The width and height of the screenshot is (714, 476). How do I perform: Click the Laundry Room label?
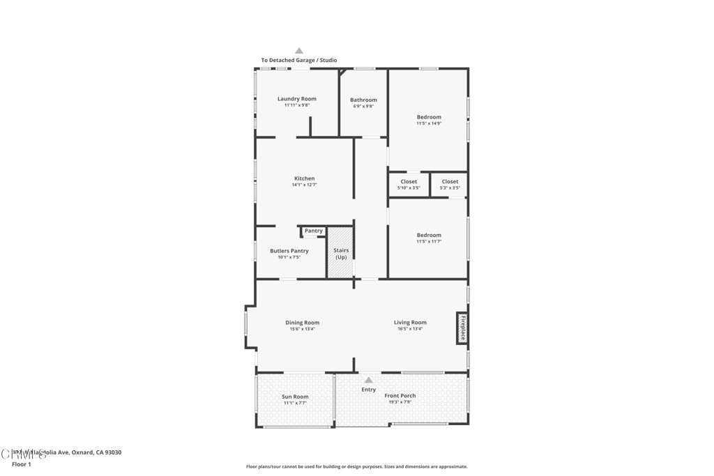pyautogui.click(x=296, y=99)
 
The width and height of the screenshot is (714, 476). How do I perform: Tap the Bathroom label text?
pyautogui.click(x=363, y=100)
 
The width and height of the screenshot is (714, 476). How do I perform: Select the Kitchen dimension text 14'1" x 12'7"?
pyautogui.click(x=304, y=185)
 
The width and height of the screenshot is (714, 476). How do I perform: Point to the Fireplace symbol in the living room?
pyautogui.click(x=462, y=328)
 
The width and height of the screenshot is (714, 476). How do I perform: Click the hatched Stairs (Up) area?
pyautogui.click(x=341, y=253)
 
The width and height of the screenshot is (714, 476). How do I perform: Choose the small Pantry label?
pyautogui.click(x=314, y=231)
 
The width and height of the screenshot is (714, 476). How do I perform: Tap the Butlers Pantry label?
pyautogui.click(x=289, y=251)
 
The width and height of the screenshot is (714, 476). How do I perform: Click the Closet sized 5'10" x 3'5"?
pyautogui.click(x=409, y=184)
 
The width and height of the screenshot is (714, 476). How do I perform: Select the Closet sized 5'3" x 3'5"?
pyautogui.click(x=450, y=184)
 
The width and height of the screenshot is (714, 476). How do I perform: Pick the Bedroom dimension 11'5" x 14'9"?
pyautogui.click(x=429, y=123)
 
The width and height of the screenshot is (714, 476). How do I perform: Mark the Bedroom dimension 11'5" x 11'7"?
pyautogui.click(x=429, y=241)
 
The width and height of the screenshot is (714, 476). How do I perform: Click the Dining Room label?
pyautogui.click(x=302, y=323)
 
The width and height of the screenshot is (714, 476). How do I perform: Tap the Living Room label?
pyautogui.click(x=410, y=323)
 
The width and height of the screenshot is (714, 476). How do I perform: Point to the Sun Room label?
pyautogui.click(x=295, y=397)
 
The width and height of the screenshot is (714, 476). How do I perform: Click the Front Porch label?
pyautogui.click(x=400, y=396)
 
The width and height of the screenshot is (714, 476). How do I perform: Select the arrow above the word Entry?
pyautogui.click(x=369, y=380)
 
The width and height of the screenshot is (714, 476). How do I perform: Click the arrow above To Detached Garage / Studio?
pyautogui.click(x=299, y=51)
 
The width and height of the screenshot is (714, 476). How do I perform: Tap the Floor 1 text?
pyautogui.click(x=22, y=464)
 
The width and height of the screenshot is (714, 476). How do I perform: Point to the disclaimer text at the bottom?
pyautogui.click(x=356, y=467)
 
